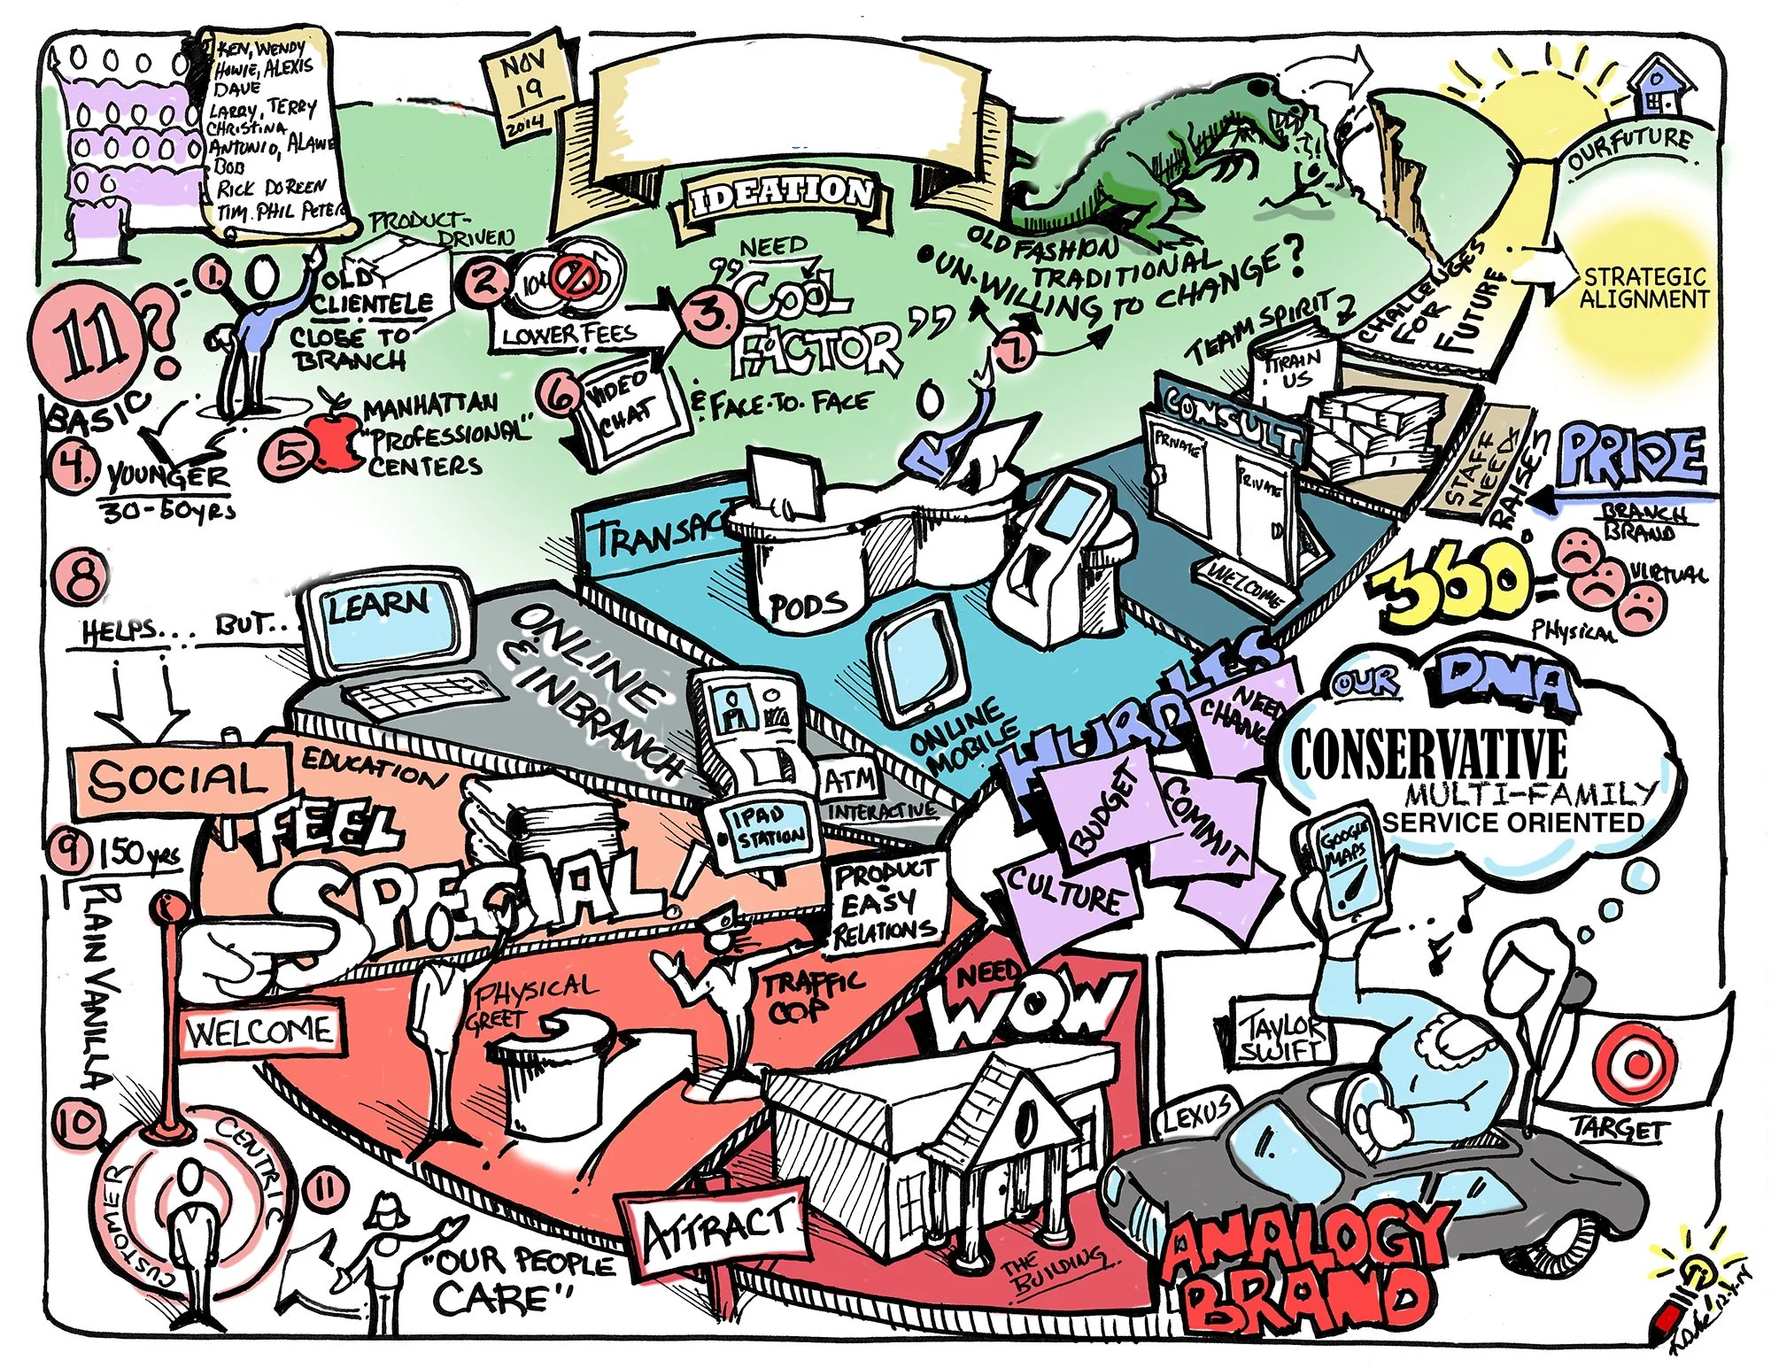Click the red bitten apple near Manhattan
[332, 441]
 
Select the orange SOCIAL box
[178, 779]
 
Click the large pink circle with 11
[89, 340]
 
